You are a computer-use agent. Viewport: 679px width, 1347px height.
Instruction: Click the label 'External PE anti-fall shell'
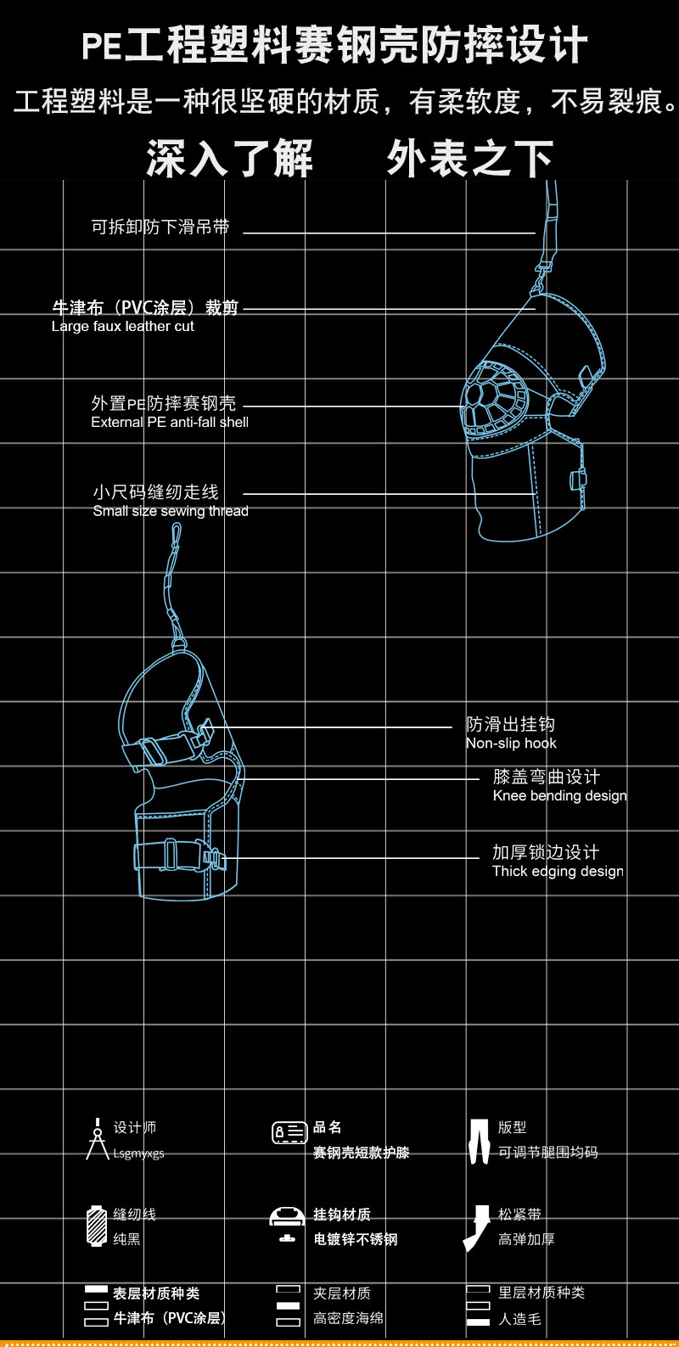pos(170,422)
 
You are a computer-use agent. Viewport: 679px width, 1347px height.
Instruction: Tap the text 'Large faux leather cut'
pos(123,327)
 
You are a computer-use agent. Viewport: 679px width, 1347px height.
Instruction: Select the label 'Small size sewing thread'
pos(171,511)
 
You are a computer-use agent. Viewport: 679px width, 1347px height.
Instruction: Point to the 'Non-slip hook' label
pos(511,744)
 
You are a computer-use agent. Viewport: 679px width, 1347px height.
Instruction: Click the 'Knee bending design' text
pos(559,796)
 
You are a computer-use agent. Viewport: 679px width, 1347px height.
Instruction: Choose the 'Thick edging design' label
pos(558,872)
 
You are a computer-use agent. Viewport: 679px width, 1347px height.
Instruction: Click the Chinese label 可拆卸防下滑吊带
pos(160,227)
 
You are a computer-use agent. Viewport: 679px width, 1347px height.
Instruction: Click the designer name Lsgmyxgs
pos(138,1153)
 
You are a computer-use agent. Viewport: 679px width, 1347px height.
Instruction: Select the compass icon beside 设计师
pos(97,1139)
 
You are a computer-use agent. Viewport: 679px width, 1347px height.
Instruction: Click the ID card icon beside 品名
pos(289,1132)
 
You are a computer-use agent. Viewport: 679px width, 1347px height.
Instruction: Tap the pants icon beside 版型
pos(480,1140)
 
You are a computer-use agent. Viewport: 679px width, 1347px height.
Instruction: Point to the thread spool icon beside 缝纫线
pos(96,1226)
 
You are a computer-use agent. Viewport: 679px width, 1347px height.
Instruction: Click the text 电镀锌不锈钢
pos(355,1239)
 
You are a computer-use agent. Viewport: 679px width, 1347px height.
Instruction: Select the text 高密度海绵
pos(348,1318)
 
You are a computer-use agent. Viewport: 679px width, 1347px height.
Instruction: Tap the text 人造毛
pos(519,1319)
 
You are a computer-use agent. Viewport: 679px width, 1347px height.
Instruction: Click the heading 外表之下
pos(469,159)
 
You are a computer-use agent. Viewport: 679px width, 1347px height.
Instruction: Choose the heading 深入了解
pos(229,159)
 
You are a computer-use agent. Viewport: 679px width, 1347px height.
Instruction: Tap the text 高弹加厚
pos(526,1239)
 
